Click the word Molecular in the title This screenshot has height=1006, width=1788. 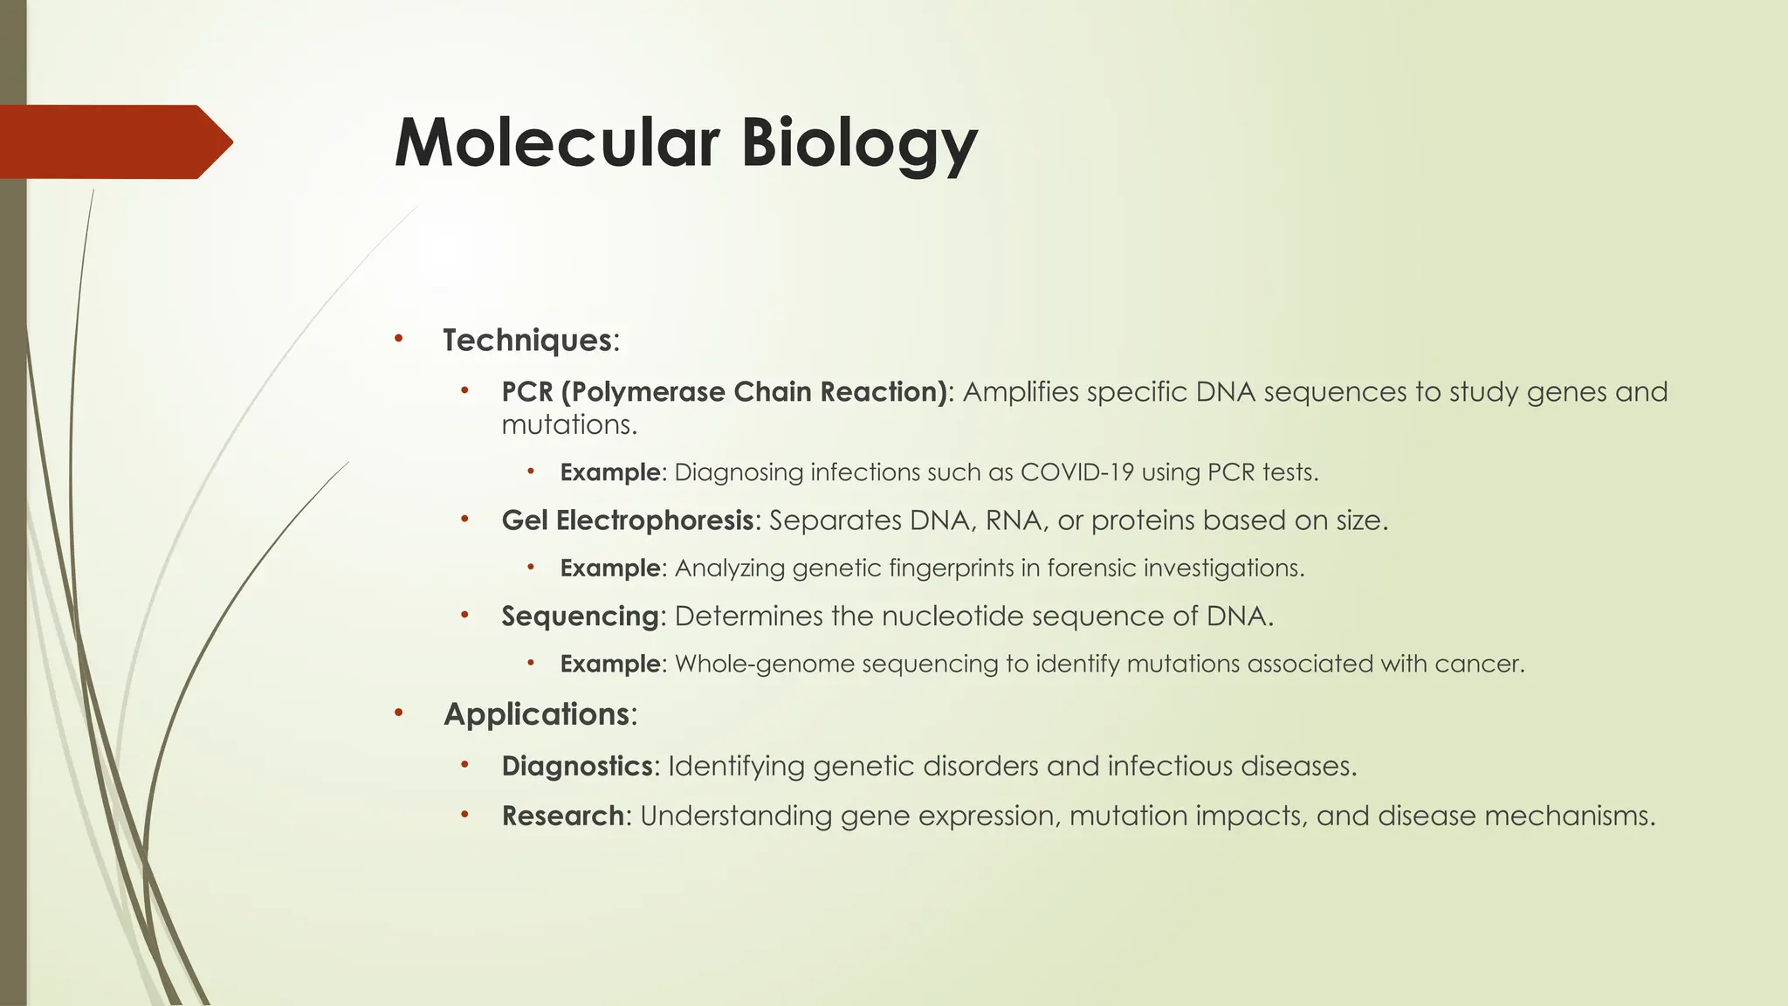coord(557,142)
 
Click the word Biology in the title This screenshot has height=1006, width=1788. coord(859,144)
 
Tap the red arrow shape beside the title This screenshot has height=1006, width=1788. coord(113,141)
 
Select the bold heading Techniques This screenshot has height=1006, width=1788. coord(527,340)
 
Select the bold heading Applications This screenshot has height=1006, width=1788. coord(536,714)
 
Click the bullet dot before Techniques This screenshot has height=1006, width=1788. coord(398,338)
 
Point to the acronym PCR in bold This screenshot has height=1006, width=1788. coord(527,391)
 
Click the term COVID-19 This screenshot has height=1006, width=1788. coord(1076,472)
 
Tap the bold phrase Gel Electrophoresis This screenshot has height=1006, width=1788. coord(627,520)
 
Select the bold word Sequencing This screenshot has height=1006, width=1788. coord(580,617)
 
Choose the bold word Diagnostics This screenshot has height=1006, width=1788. coord(576,766)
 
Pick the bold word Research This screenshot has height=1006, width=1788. coord(562,816)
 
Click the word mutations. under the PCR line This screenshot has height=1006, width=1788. coord(568,425)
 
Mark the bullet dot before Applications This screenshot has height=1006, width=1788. coord(398,713)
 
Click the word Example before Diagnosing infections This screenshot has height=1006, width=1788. coord(609,472)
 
